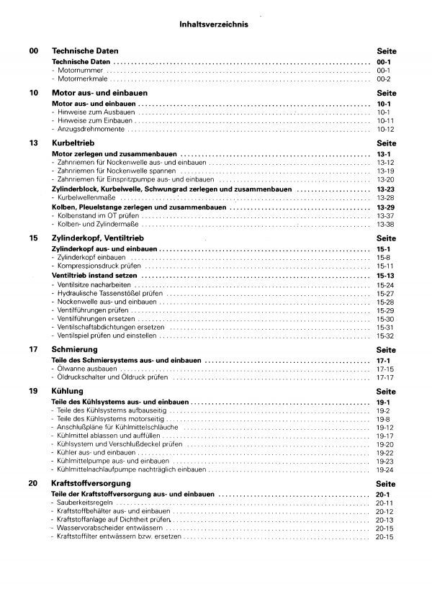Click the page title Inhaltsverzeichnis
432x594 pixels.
point(213,24)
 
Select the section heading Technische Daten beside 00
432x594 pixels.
point(85,52)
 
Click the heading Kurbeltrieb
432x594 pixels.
point(73,144)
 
